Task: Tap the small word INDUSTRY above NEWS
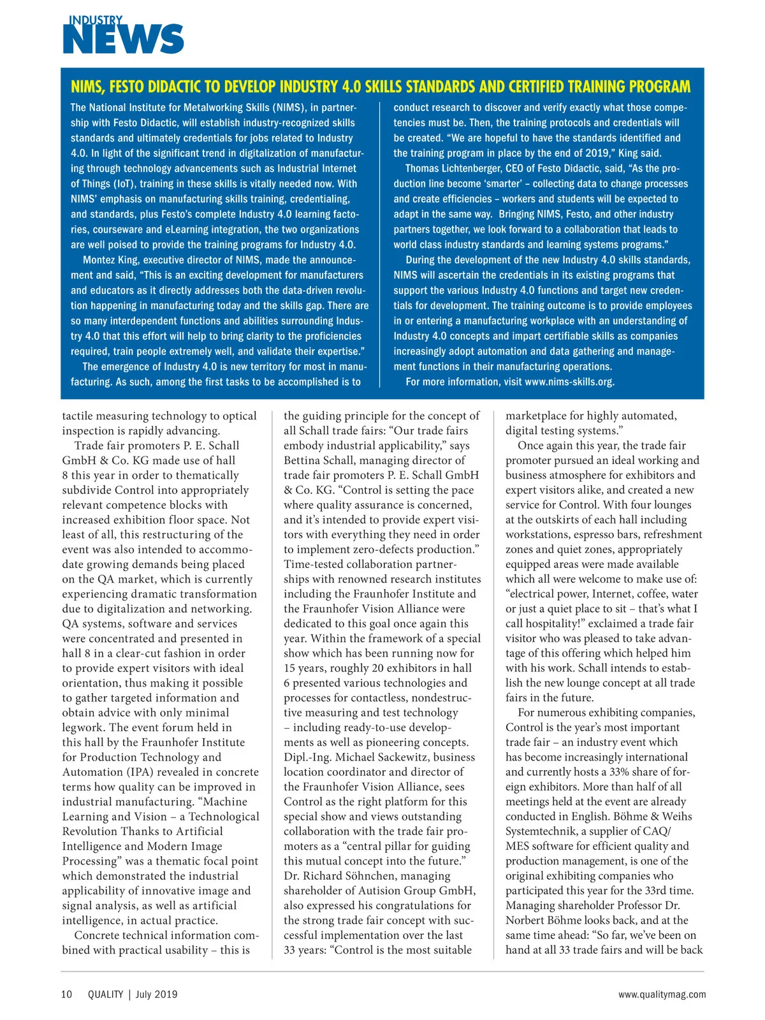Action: [x=96, y=20]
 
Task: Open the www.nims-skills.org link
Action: [x=569, y=382]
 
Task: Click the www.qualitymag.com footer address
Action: [x=662, y=994]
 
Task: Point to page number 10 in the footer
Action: [x=67, y=994]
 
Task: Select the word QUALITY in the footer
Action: [x=105, y=994]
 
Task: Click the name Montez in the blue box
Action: [x=98, y=260]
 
